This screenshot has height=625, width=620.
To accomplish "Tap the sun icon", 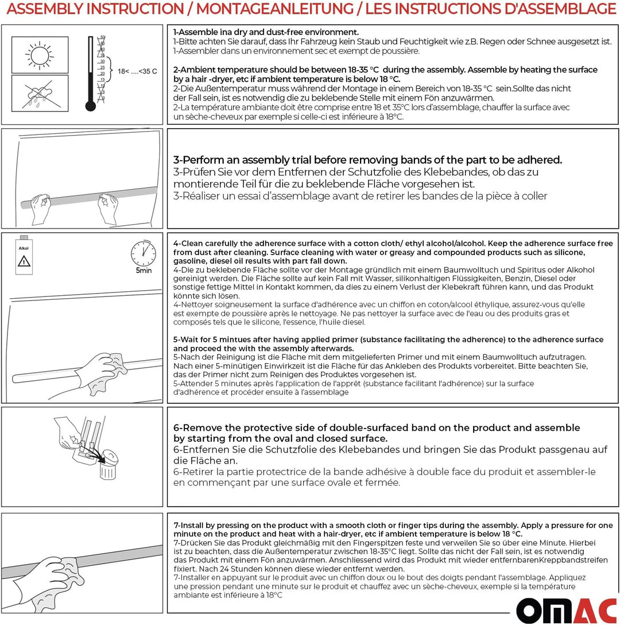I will click(39, 56).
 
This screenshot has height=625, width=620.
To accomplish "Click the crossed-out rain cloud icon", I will click(39, 93).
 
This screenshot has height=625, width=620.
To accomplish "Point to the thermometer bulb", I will click(90, 106).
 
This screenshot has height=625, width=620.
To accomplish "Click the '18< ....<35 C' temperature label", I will click(137, 71).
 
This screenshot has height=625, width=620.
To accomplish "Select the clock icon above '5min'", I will click(144, 253).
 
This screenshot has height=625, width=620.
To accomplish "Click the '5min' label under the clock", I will click(144, 271).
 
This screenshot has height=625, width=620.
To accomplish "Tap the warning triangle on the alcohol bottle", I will click(24, 261).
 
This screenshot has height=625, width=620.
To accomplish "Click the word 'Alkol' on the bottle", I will click(24, 248).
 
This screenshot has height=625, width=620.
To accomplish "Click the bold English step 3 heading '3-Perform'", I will click(201, 160).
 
